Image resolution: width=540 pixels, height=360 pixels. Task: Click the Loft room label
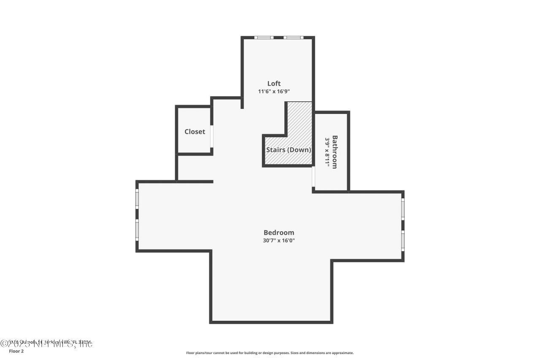click(274, 84)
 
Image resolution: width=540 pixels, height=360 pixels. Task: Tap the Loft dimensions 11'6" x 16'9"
click(274, 91)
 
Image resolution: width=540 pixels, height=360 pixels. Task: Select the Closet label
click(194, 132)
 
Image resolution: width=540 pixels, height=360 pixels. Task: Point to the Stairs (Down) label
click(289, 150)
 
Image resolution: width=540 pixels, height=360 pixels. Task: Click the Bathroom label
click(335, 152)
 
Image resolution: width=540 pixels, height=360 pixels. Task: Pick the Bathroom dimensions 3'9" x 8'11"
click(327, 152)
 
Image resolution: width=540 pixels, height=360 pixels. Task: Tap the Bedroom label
click(279, 233)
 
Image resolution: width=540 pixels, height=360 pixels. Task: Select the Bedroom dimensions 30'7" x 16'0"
click(279, 241)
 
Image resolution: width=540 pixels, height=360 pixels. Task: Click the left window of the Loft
click(264, 38)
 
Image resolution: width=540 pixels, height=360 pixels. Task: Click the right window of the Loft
click(293, 38)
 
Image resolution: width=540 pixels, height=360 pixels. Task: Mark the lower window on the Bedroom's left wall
click(137, 230)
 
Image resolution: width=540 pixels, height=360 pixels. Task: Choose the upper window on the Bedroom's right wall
click(403, 209)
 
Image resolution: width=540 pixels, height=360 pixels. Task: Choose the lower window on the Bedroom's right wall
click(403, 241)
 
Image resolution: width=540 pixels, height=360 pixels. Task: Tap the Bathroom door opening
click(313, 177)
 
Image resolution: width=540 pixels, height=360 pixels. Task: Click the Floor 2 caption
click(16, 351)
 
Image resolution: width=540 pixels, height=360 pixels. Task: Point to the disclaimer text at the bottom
click(270, 353)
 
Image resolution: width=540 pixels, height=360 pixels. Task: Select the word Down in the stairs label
click(300, 150)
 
